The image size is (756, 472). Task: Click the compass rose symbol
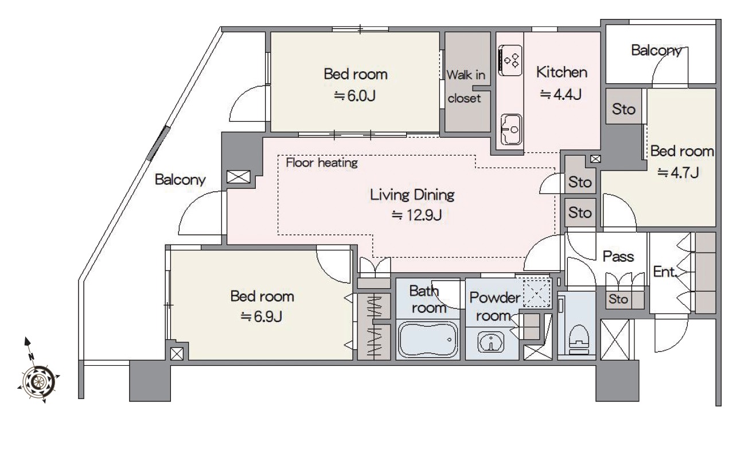[x=38, y=381]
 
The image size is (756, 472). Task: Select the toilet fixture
[x=579, y=338]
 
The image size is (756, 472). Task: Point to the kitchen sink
[x=511, y=129]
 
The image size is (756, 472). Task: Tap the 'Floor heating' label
[x=322, y=163]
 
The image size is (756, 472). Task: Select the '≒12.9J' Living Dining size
[x=416, y=215]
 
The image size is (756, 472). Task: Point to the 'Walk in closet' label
[x=465, y=87]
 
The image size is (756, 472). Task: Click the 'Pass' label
[x=618, y=257]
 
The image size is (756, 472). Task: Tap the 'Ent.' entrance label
[x=665, y=272]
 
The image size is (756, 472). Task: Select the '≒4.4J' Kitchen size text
[x=560, y=95]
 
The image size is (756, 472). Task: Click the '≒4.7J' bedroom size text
[x=677, y=173]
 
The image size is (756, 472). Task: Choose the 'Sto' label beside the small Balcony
[x=623, y=109]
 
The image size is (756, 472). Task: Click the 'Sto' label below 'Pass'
[x=618, y=299]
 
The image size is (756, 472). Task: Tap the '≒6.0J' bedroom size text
[x=354, y=96]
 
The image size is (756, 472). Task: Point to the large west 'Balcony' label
[x=180, y=179]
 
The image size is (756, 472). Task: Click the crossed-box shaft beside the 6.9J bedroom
[x=177, y=354]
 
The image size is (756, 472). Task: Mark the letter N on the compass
[x=31, y=356]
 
